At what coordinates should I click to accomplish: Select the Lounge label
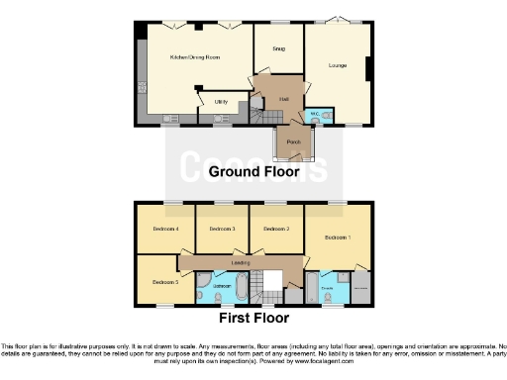pos(338,65)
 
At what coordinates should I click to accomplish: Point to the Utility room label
pos(221,101)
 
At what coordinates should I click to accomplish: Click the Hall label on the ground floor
pos(283,99)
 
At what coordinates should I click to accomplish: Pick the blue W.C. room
pos(314,115)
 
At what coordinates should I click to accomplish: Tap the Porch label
pos(294,142)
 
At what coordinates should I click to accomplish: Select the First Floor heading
pos(253,319)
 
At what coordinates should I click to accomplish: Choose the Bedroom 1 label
pos(339,238)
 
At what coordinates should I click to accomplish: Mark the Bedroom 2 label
pos(274,230)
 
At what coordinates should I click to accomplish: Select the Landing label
pos(240,262)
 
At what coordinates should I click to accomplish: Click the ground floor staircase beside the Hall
pos(259,117)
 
